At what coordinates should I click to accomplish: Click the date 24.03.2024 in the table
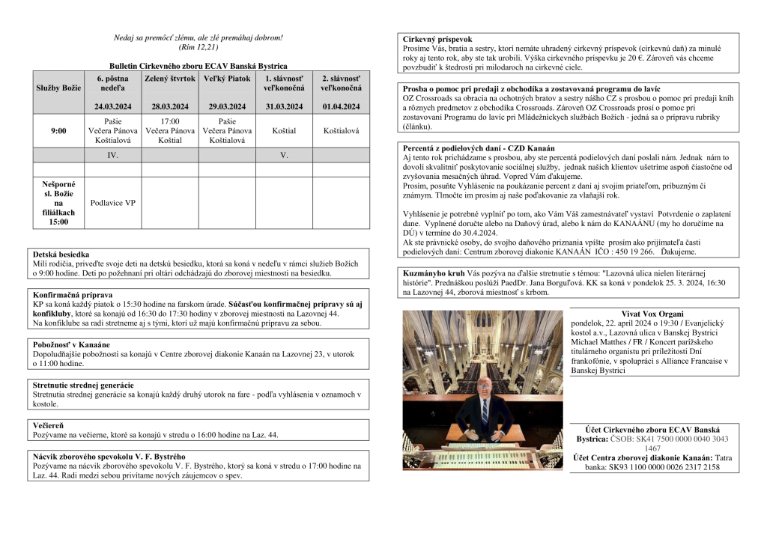(x=114, y=107)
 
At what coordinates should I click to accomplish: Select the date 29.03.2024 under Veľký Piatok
(x=227, y=107)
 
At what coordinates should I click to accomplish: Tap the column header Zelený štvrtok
(x=170, y=79)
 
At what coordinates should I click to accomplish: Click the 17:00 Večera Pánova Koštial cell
(x=170, y=130)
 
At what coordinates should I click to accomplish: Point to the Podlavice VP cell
(x=114, y=202)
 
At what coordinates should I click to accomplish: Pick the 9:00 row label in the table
(x=58, y=130)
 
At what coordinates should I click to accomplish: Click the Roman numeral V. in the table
(x=284, y=155)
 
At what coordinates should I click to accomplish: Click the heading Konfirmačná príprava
(x=73, y=295)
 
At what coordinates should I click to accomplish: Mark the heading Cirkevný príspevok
(x=437, y=39)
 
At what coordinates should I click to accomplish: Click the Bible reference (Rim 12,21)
(x=198, y=47)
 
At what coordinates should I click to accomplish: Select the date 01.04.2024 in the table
(x=341, y=107)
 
